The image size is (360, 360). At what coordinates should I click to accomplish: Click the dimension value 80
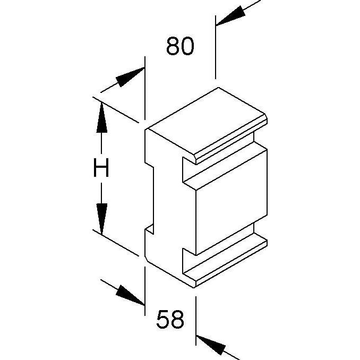click(x=180, y=46)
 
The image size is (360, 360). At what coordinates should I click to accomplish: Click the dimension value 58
click(x=170, y=319)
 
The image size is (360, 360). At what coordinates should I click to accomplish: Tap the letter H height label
click(x=101, y=168)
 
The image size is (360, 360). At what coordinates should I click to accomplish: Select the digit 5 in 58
click(x=163, y=319)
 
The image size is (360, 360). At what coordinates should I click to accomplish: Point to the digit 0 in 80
click(x=187, y=46)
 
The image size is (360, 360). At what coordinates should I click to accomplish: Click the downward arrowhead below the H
click(x=102, y=219)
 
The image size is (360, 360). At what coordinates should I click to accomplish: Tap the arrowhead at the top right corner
click(x=230, y=15)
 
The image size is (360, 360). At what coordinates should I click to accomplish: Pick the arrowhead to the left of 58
click(x=131, y=296)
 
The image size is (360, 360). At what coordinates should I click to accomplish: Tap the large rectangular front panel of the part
click(x=232, y=202)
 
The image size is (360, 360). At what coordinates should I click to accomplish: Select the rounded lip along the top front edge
click(x=232, y=140)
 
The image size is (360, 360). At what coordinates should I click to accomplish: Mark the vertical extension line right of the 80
click(x=216, y=47)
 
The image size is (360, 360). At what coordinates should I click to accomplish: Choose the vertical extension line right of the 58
click(x=196, y=321)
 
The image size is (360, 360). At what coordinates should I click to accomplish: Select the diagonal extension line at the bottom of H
click(x=116, y=243)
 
